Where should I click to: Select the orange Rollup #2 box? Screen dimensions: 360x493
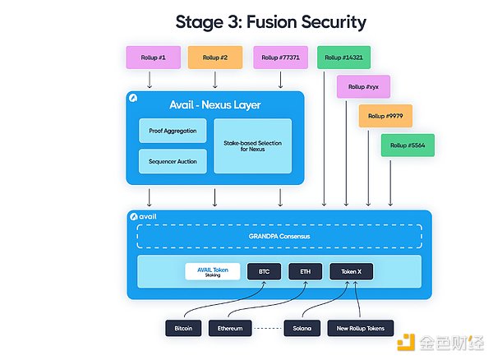coord(214,58)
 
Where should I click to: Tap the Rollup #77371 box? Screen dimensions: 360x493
coord(280,58)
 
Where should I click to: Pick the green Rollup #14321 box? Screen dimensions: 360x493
coord(344,58)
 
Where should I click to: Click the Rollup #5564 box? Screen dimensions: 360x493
coord(408,145)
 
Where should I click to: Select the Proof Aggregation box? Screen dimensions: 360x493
coord(173,130)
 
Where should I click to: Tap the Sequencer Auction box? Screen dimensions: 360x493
coord(173,161)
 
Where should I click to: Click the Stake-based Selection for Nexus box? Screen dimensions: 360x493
coord(252,145)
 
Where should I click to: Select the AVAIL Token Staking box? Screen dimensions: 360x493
coord(212,271)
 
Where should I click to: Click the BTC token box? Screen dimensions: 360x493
coord(264,271)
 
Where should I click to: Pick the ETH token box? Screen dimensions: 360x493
coord(305,271)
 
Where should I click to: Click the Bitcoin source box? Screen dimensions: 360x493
coord(183,327)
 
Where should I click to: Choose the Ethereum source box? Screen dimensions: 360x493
coord(229,327)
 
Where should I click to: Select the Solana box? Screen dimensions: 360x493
coord(302,327)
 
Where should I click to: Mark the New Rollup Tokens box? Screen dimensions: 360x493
coord(361,327)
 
